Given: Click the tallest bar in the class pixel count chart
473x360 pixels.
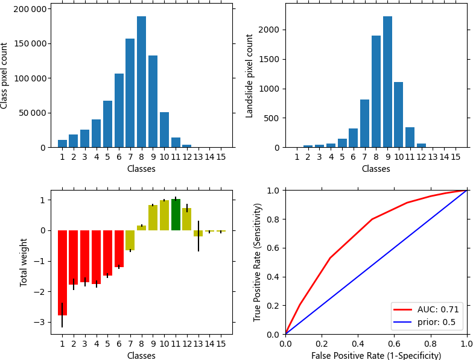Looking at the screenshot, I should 141,82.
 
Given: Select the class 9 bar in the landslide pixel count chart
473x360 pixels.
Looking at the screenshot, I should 387,82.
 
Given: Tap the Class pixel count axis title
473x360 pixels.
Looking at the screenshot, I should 5,75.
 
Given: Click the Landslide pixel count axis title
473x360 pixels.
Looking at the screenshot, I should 250,75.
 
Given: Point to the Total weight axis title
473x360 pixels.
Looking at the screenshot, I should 24,262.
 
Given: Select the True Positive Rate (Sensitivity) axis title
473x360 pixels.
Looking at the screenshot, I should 258,262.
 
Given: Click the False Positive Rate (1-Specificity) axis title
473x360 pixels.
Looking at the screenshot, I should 376,355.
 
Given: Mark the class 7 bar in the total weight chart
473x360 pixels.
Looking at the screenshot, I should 130,240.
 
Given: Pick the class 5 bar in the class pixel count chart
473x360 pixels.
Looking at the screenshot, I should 107,124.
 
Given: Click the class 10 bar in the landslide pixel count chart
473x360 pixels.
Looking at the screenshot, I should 399,115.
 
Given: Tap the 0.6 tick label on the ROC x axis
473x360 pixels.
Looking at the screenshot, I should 394,344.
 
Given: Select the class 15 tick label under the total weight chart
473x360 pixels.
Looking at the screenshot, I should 221,344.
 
